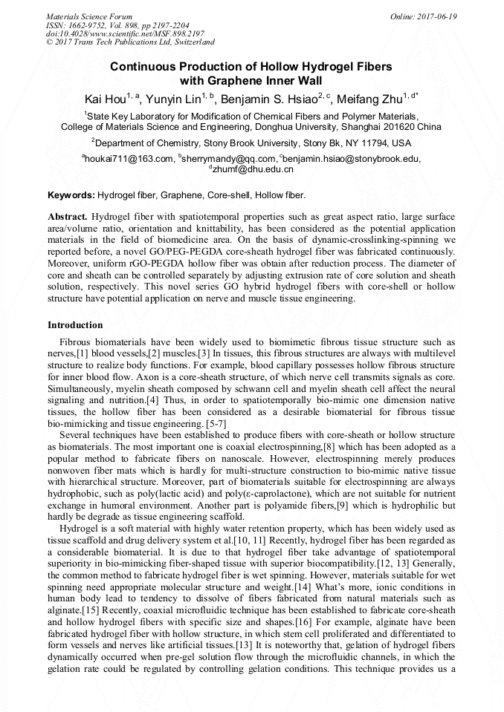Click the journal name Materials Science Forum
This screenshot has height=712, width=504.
click(89, 16)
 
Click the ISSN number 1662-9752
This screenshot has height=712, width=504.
click(92, 25)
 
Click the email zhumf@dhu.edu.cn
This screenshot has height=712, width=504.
click(253, 169)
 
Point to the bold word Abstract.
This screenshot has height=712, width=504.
click(68, 216)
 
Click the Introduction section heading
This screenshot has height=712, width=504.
click(75, 325)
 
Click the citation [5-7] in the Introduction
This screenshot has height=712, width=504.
click(216, 422)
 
